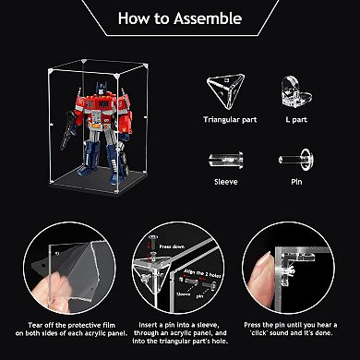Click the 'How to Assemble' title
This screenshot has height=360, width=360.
click(x=180, y=18)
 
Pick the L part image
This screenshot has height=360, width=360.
click(x=288, y=88)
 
